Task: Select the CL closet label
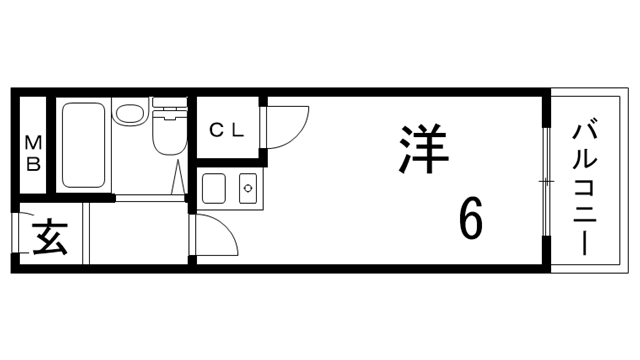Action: pyautogui.click(x=226, y=129)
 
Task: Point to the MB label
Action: pyautogui.click(x=33, y=151)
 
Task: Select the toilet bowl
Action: pyautogui.click(x=168, y=137)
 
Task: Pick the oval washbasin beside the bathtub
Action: pyautogui.click(x=127, y=115)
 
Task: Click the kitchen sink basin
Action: pyautogui.click(x=215, y=187)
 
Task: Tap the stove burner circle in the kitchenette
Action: pyautogui.click(x=248, y=187)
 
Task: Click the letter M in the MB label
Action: pyautogui.click(x=33, y=141)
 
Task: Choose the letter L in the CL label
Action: pyautogui.click(x=236, y=129)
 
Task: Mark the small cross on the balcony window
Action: pyautogui.click(x=546, y=181)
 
